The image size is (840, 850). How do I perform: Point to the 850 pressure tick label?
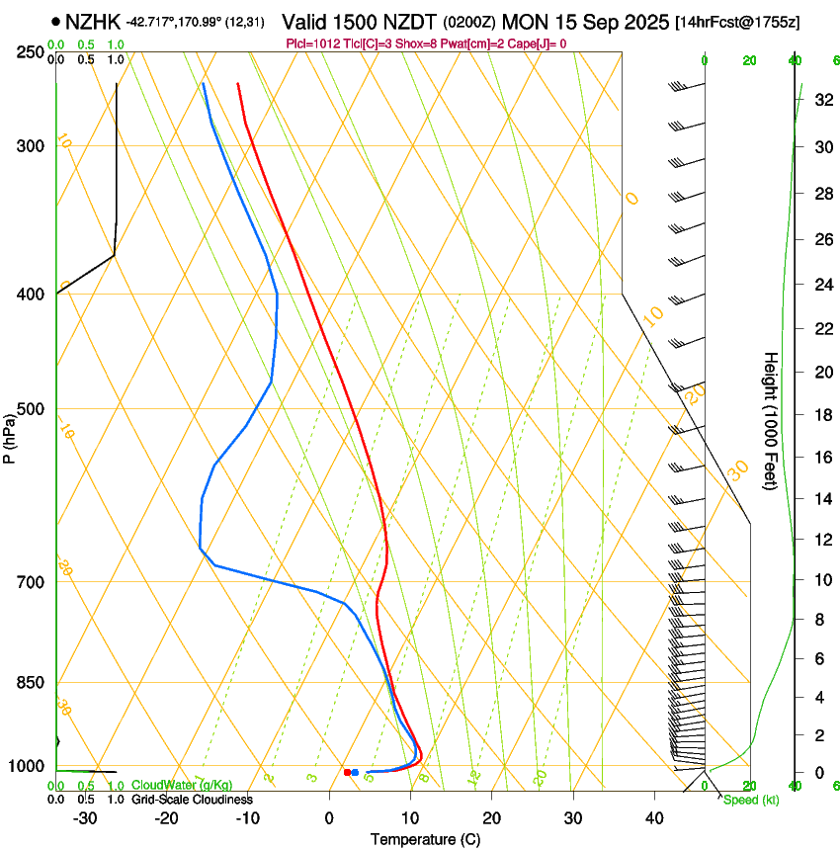coord(31,683)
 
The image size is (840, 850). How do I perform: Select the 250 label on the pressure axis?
coord(31,51)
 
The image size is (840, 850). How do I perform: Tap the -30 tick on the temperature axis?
coord(85,818)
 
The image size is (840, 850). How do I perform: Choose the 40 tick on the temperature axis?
coord(654,818)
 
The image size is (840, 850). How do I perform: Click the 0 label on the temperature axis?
coord(329,818)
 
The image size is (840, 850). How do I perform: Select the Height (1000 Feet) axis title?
coord(771,421)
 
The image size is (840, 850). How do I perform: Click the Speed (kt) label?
coord(751,800)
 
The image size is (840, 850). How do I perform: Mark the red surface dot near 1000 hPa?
coord(347,772)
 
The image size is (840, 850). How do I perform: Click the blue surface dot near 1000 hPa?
coord(355,772)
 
